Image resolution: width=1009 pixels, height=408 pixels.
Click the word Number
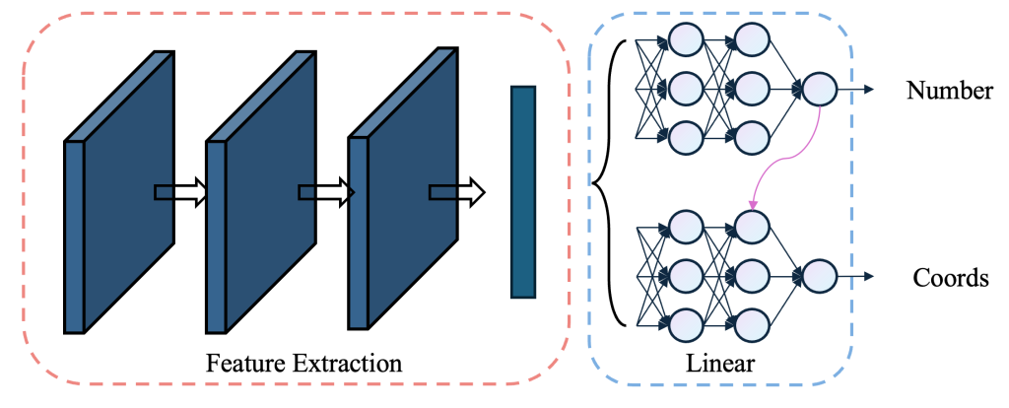click(949, 92)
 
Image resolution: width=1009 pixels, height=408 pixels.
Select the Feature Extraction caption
click(303, 363)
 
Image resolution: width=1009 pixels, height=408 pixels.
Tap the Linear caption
click(720, 364)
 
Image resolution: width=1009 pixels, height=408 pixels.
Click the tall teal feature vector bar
click(522, 191)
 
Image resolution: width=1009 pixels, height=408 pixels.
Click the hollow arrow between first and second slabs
click(181, 192)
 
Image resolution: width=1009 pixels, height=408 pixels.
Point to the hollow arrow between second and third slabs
click(325, 192)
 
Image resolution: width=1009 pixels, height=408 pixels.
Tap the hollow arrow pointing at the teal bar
click(457, 192)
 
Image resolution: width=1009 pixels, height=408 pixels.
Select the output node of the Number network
click(819, 90)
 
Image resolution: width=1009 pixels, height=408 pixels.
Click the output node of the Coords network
click(819, 276)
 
